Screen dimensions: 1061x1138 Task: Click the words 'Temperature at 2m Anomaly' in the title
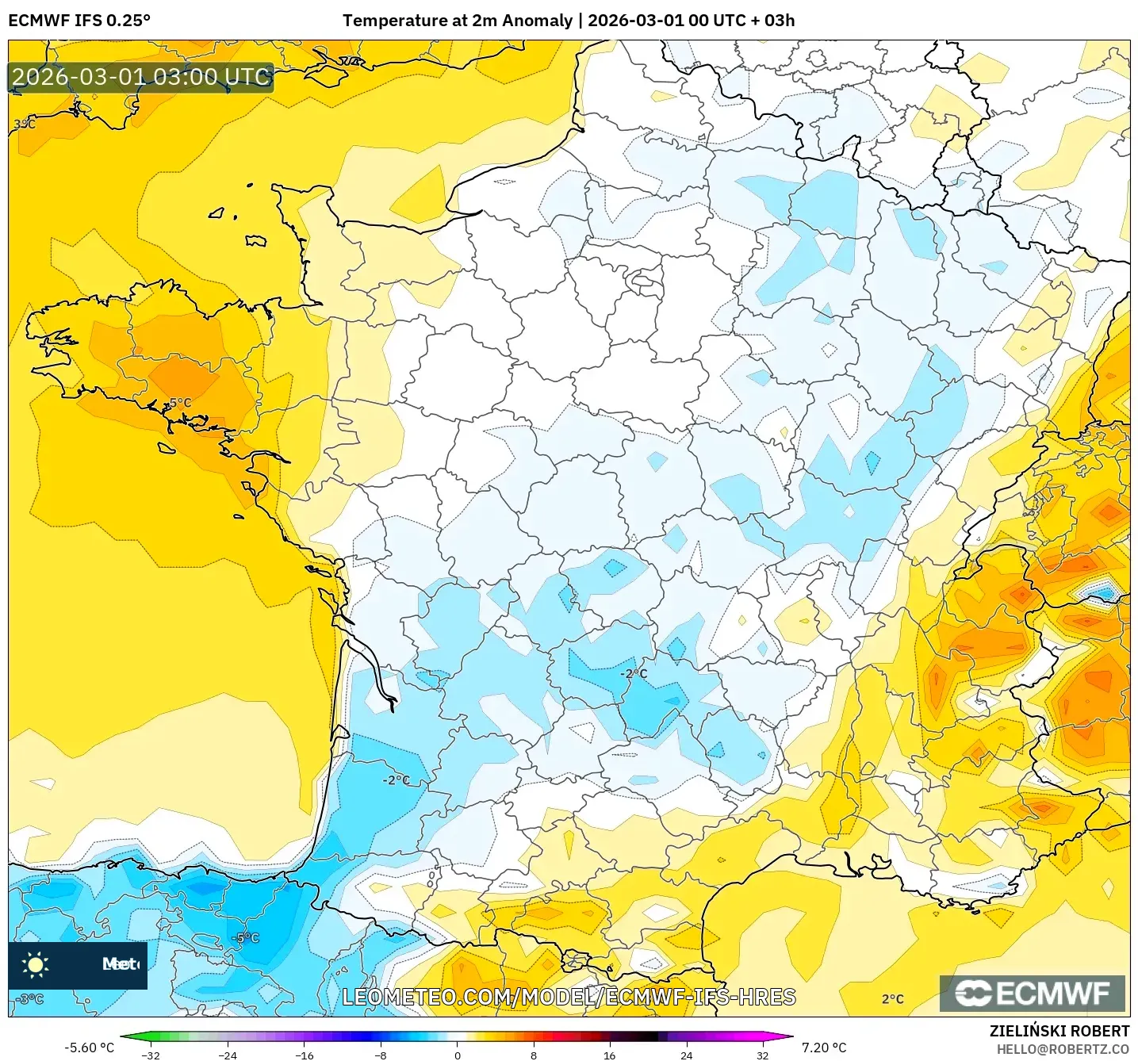click(458, 21)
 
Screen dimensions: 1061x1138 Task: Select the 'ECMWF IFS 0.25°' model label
click(79, 21)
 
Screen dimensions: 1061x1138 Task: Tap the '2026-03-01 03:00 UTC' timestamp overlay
click(141, 77)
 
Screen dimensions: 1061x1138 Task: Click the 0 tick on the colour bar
click(458, 1055)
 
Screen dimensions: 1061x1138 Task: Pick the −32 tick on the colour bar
click(150, 1055)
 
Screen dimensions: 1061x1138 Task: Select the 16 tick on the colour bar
click(609, 1055)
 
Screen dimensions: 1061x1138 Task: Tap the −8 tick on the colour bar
click(381, 1055)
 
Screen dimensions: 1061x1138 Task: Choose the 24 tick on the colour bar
click(686, 1055)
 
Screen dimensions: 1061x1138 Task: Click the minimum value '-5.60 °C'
click(89, 1048)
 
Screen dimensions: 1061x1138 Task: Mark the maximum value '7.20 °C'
click(824, 1048)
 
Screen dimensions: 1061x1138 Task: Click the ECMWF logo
click(1032, 994)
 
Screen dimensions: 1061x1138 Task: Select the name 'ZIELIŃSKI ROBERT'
click(1059, 1031)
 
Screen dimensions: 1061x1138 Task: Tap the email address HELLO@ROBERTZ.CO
click(1063, 1049)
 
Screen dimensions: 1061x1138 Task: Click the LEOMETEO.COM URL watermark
click(569, 997)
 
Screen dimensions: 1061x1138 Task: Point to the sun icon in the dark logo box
click(36, 964)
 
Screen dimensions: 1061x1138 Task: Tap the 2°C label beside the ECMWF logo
click(893, 999)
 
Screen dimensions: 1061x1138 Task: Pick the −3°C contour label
click(29, 999)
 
